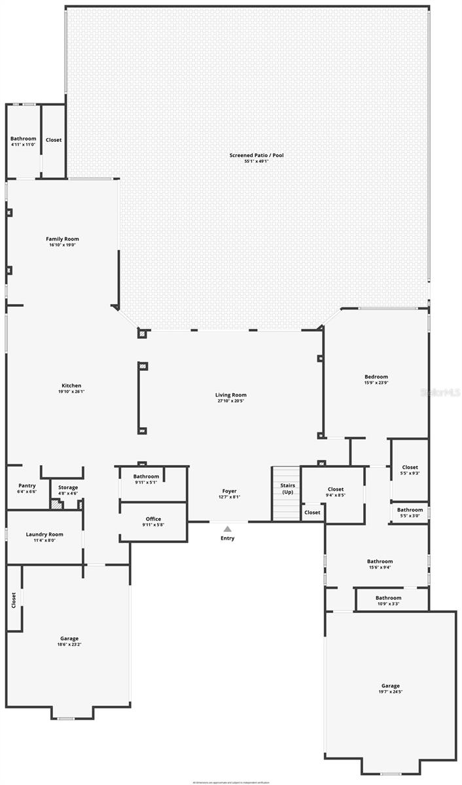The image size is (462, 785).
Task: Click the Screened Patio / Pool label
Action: pyautogui.click(x=247, y=155)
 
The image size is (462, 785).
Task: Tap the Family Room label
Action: pyautogui.click(x=62, y=239)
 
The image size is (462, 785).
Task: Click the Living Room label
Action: pyautogui.click(x=230, y=394)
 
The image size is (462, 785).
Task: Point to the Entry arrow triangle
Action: pyautogui.click(x=227, y=529)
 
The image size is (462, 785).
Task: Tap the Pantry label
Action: pyautogui.click(x=27, y=485)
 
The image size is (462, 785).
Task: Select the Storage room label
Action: pyautogui.click(x=67, y=487)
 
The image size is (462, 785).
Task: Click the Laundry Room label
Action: pyautogui.click(x=44, y=534)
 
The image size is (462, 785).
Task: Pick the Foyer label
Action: pyautogui.click(x=229, y=491)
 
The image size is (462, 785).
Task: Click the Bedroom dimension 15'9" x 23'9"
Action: pyautogui.click(x=376, y=383)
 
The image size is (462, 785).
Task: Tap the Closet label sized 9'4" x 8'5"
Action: pyautogui.click(x=335, y=489)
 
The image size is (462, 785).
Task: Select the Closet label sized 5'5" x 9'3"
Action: pyautogui.click(x=410, y=467)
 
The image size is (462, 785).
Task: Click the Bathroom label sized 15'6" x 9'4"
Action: pyautogui.click(x=380, y=561)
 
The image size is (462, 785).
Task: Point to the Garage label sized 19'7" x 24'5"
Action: pyautogui.click(x=390, y=686)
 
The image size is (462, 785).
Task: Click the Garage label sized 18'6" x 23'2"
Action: pyautogui.click(x=69, y=638)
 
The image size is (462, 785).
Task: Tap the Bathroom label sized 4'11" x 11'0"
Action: pyautogui.click(x=23, y=139)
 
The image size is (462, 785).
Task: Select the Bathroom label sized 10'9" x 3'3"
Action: pyautogui.click(x=388, y=597)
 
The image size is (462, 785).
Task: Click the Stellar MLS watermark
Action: pyautogui.click(x=440, y=393)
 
